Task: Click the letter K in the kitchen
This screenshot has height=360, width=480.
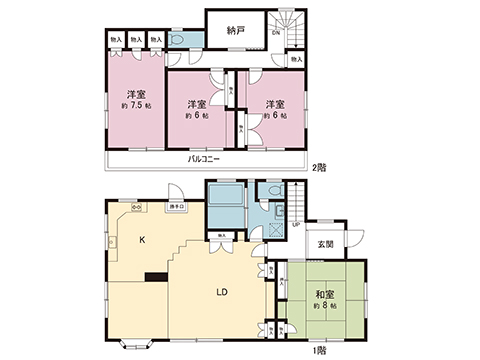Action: pyautogui.click(x=141, y=240)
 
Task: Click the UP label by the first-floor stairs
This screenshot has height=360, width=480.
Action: pyautogui.click(x=296, y=223)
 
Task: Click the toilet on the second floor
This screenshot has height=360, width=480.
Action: pyautogui.click(x=181, y=37)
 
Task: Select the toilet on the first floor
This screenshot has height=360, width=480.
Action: pyautogui.click(x=268, y=192)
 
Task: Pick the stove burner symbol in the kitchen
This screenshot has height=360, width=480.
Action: pyautogui.click(x=137, y=208)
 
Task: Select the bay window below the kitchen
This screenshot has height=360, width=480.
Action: pyautogui.click(x=134, y=345)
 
